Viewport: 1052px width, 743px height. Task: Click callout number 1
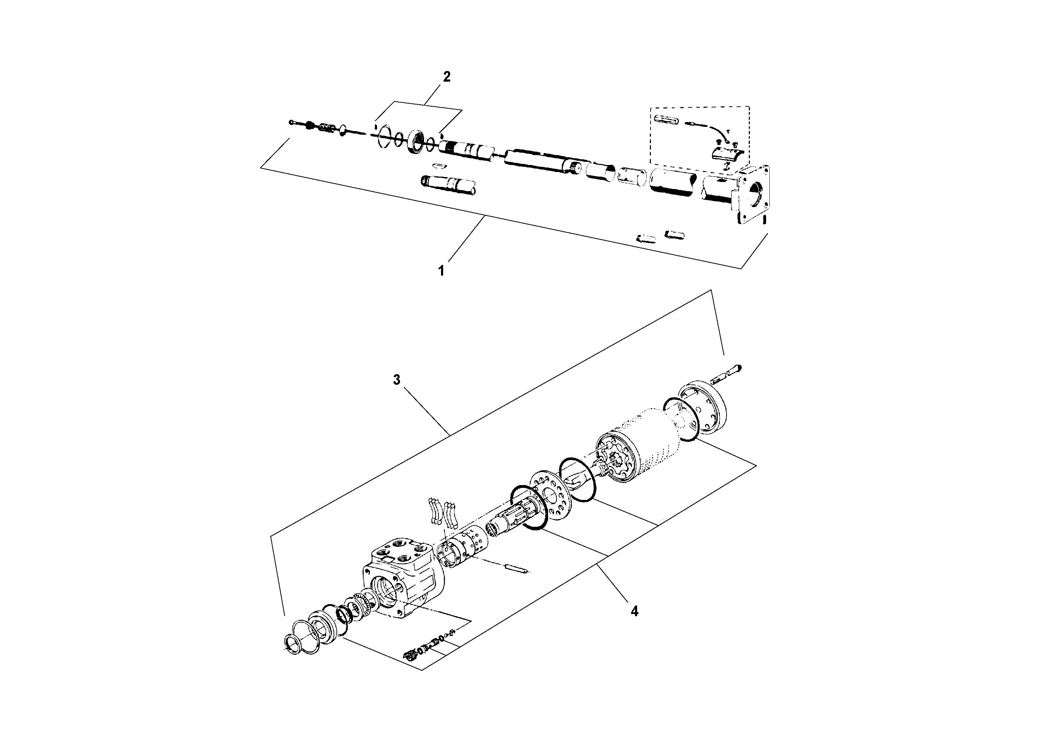441,271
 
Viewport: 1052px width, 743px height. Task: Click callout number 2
446,77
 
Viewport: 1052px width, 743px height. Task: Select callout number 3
396,380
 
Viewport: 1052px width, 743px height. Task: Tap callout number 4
634,611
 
